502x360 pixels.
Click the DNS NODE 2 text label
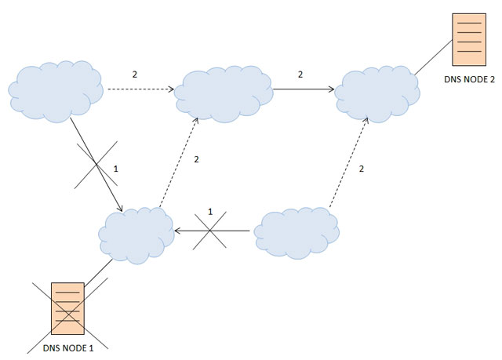(x=469, y=79)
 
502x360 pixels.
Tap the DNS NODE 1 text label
(x=68, y=348)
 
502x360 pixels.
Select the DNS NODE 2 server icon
(x=469, y=40)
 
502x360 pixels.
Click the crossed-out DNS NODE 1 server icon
(x=68, y=308)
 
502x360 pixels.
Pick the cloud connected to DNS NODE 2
(x=377, y=94)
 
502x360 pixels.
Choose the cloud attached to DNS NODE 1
(x=136, y=235)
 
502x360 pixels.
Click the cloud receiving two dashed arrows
(x=224, y=94)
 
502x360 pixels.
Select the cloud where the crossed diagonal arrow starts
(x=56, y=92)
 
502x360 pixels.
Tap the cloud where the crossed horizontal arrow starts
(x=296, y=233)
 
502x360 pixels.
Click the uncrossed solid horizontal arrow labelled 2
(x=304, y=89)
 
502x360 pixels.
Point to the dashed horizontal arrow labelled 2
(x=141, y=89)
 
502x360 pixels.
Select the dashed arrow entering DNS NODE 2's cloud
(x=349, y=162)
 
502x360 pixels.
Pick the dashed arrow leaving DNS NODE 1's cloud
(x=179, y=162)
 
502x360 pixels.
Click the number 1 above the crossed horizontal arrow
(x=210, y=212)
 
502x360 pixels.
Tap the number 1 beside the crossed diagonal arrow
(x=116, y=169)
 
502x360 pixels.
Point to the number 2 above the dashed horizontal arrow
(x=135, y=75)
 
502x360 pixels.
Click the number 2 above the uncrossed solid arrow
(x=300, y=75)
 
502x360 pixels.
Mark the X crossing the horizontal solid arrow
(x=209, y=230)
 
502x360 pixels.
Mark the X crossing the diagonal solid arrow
(x=96, y=165)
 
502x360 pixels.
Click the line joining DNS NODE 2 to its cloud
(x=434, y=57)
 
